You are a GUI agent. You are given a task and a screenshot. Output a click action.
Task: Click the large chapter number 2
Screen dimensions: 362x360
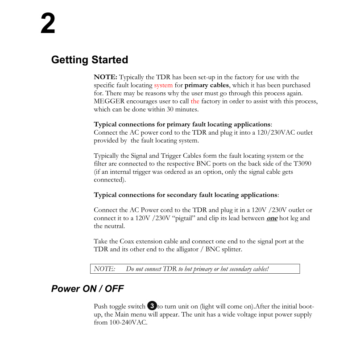pyautogui.click(x=48, y=24)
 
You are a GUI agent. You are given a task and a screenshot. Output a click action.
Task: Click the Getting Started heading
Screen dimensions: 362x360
pyautogui.click(x=90, y=60)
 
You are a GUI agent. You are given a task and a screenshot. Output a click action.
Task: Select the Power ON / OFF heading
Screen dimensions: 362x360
pyautogui.click(x=87, y=288)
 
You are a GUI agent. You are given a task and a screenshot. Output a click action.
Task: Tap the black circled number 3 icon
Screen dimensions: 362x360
pyautogui.click(x=152, y=306)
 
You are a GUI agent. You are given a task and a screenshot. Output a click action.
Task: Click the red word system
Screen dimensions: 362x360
pyautogui.click(x=163, y=85)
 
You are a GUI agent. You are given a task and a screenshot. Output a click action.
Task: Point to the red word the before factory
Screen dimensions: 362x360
pyautogui.click(x=195, y=101)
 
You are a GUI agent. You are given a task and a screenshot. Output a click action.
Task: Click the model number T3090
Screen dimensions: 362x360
pyautogui.click(x=302, y=164)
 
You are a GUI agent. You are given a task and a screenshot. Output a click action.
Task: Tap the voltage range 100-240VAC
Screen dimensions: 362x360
pyautogui.click(x=127, y=323)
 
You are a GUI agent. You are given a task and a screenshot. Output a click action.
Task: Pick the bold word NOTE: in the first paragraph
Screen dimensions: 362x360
pyautogui.click(x=105, y=77)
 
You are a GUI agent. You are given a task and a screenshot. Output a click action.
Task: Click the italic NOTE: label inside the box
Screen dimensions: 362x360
pyautogui.click(x=104, y=268)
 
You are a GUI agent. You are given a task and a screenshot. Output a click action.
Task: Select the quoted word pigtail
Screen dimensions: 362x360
pyautogui.click(x=185, y=218)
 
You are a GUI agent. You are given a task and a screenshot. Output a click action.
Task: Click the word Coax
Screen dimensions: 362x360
pyautogui.click(x=128, y=241)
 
